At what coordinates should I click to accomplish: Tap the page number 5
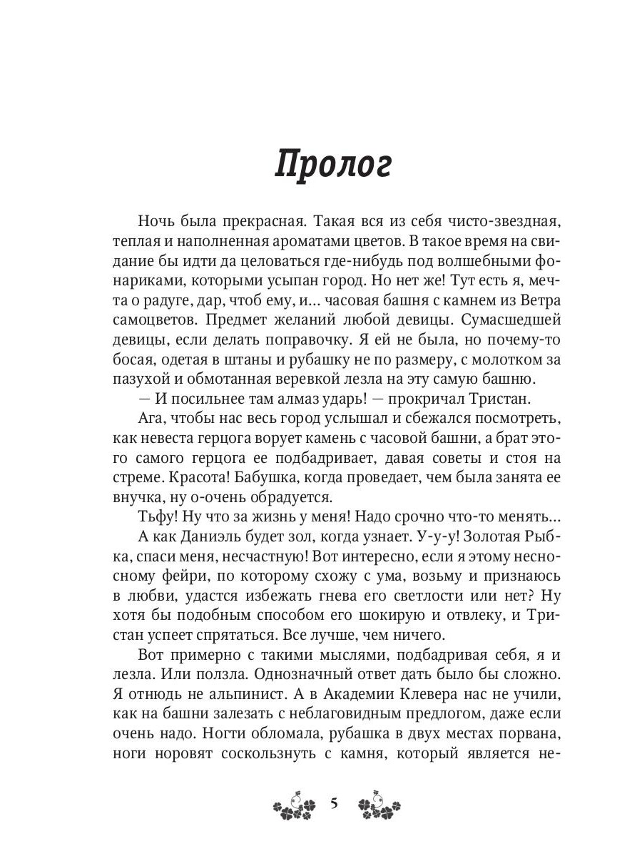point(334,804)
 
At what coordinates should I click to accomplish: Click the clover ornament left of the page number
point(293,805)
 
